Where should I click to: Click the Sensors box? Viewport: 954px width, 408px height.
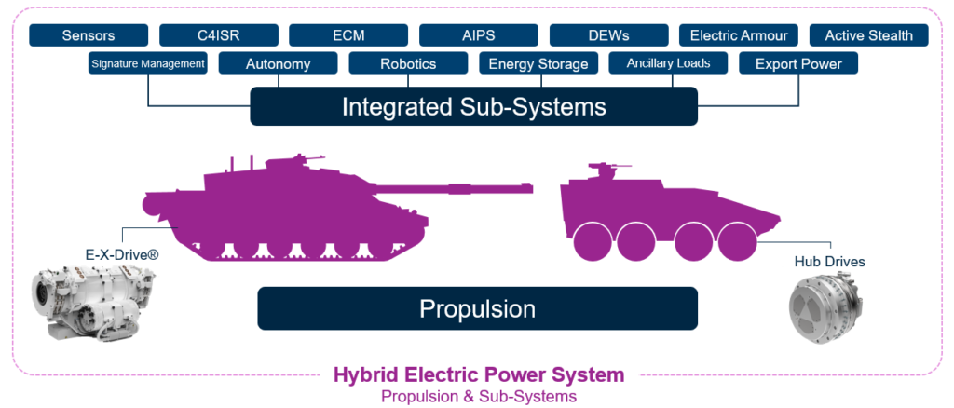tap(89, 35)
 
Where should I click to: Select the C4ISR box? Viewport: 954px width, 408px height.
tap(219, 35)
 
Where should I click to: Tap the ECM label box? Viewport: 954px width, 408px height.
tap(348, 35)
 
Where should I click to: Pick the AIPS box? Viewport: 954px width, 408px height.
tap(479, 35)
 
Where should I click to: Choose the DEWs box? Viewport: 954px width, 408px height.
tap(609, 35)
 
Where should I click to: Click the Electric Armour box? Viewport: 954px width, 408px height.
tap(739, 35)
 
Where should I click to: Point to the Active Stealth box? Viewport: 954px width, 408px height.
tap(869, 35)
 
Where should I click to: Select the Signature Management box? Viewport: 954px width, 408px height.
tap(148, 63)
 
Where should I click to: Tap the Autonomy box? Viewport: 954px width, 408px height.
tap(278, 63)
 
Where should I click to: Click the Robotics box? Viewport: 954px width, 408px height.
tap(408, 63)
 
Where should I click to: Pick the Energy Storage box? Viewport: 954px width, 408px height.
tap(538, 63)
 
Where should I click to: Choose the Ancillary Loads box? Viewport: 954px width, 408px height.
tap(669, 63)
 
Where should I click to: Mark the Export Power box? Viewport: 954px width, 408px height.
tap(798, 63)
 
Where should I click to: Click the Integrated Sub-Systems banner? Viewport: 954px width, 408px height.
tap(474, 106)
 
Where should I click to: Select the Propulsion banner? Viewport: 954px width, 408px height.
tap(478, 308)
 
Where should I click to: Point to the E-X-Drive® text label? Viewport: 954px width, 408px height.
tap(124, 256)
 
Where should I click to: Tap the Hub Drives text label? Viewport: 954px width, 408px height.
tap(830, 262)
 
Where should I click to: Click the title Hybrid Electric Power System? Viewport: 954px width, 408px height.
tap(479, 374)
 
